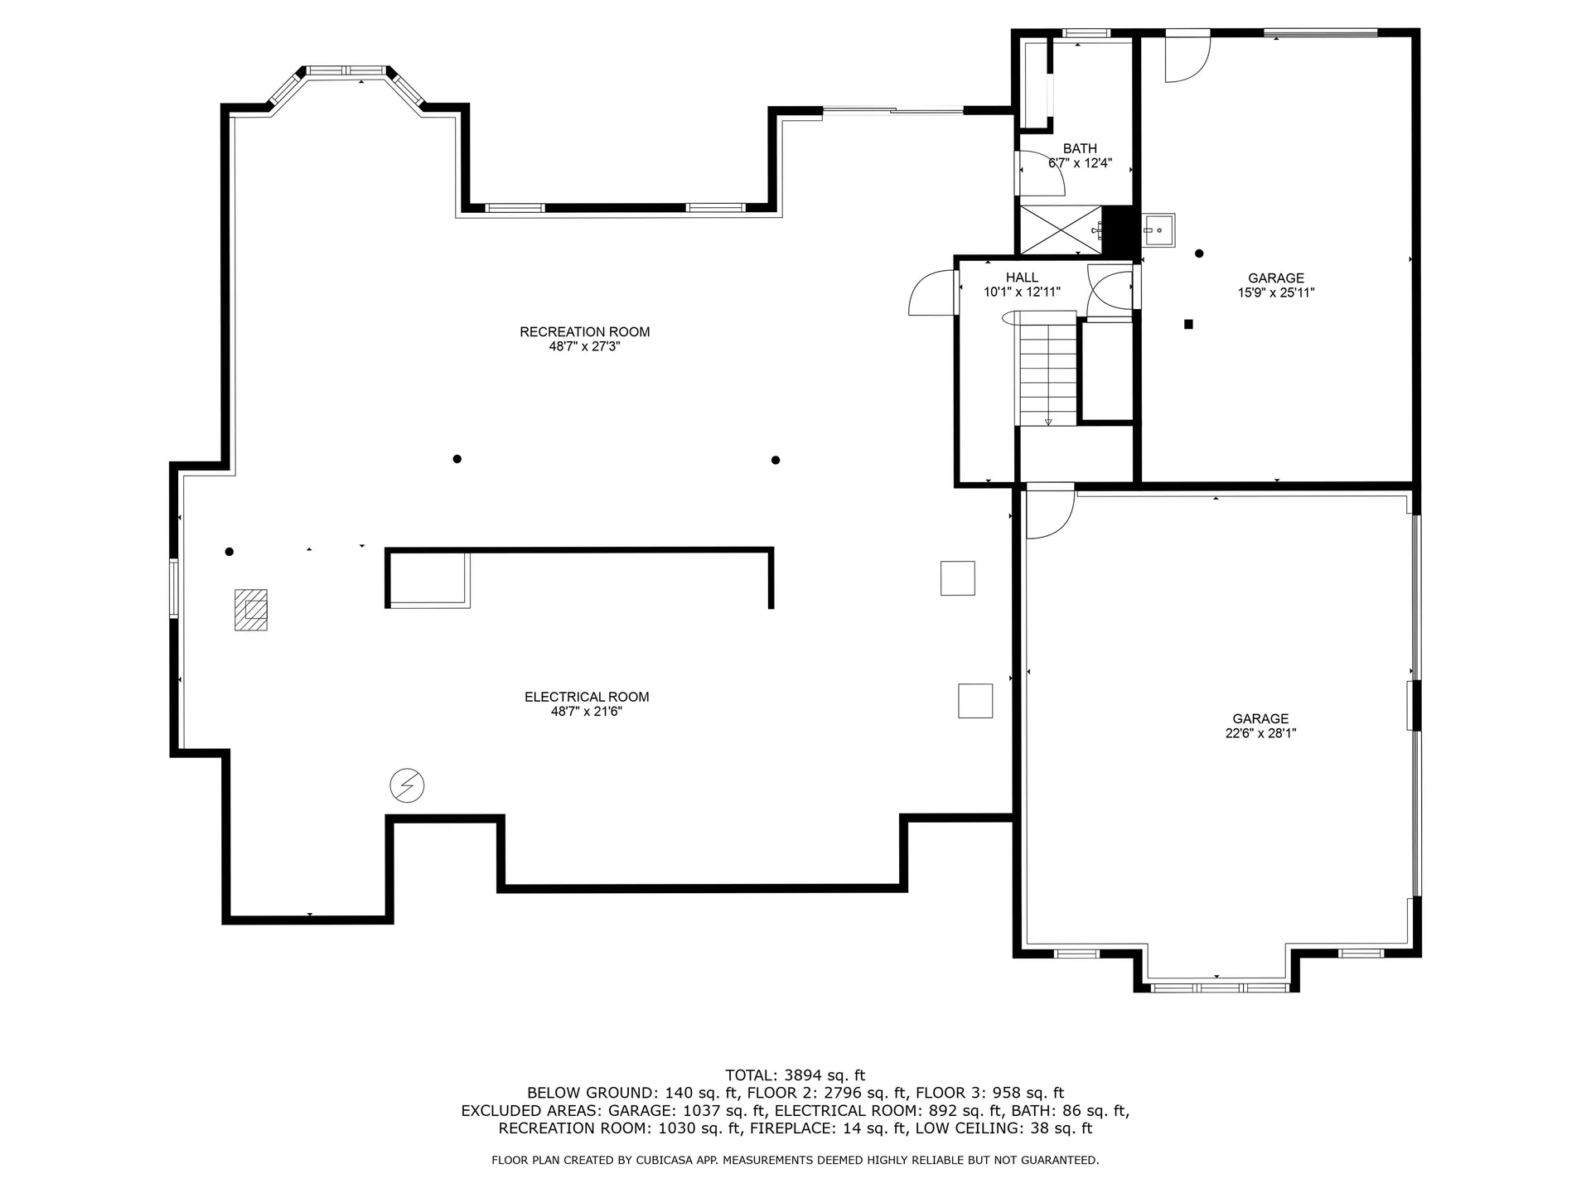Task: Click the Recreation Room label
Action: click(584, 332)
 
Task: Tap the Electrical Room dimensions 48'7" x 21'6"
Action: click(586, 712)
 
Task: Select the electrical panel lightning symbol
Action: click(407, 785)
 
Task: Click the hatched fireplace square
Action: click(251, 610)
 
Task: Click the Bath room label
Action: click(1080, 149)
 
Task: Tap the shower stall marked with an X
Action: click(1060, 229)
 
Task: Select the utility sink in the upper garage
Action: click(1158, 229)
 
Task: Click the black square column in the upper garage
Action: click(1188, 325)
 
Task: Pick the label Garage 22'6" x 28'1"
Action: click(1260, 726)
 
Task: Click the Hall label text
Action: click(1022, 278)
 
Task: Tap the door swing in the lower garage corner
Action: click(1048, 514)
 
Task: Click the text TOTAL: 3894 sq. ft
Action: click(795, 1075)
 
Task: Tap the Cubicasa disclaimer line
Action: click(795, 1161)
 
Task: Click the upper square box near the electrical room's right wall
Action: click(957, 578)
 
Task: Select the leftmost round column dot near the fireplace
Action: click(230, 552)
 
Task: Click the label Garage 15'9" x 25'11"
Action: click(1276, 285)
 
